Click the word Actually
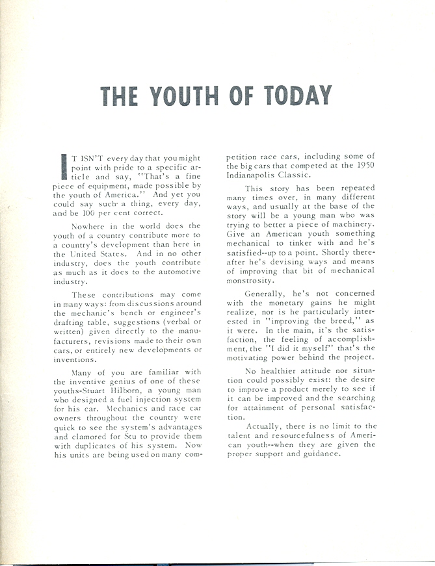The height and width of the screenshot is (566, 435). [x=267, y=426]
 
